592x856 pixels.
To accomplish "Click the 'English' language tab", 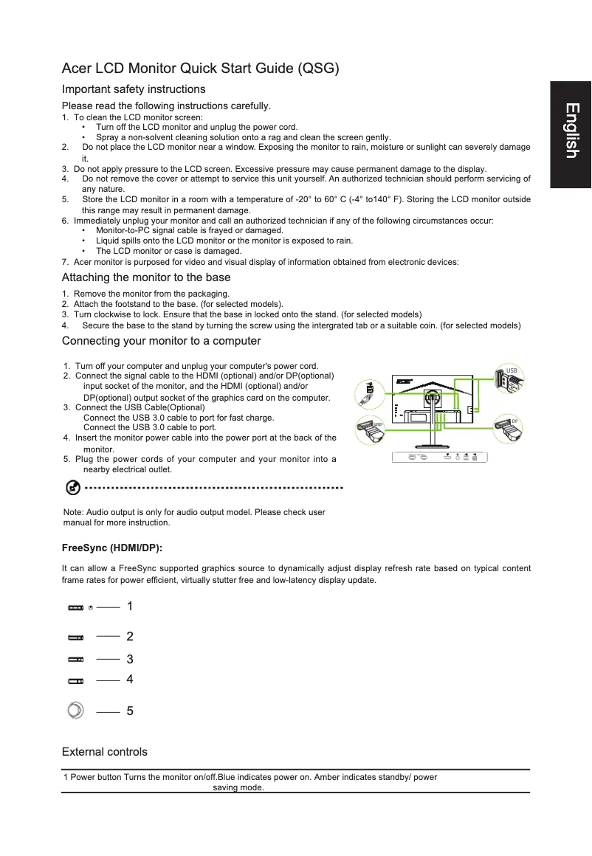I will (x=571, y=131).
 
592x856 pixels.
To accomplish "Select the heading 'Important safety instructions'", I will (x=134, y=89).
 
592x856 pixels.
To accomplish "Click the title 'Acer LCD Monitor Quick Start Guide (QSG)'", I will (x=201, y=69).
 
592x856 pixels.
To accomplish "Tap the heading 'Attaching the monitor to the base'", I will (x=146, y=277).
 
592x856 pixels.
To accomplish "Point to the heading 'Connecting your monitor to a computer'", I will (x=161, y=341).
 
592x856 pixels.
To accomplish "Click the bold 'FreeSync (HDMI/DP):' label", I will (x=112, y=549).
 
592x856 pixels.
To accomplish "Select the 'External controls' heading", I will (x=105, y=752).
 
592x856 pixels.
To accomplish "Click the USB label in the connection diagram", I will (x=512, y=370).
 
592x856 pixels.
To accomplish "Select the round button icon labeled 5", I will (x=75, y=711).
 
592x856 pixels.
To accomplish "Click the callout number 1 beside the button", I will (x=130, y=607).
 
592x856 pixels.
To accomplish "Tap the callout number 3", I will (x=130, y=659).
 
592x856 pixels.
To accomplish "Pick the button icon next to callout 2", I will (x=76, y=636).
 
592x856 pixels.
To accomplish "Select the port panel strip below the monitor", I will (x=439, y=458).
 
